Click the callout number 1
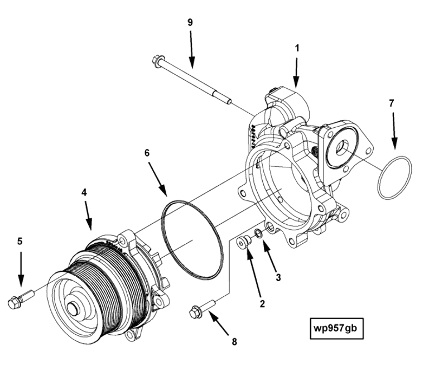[x=297, y=48]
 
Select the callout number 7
[x=391, y=103]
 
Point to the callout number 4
[x=84, y=191]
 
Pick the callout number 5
[x=20, y=241]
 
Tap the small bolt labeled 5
[x=16, y=302]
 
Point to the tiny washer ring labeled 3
[x=258, y=233]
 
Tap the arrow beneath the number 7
[x=393, y=131]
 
